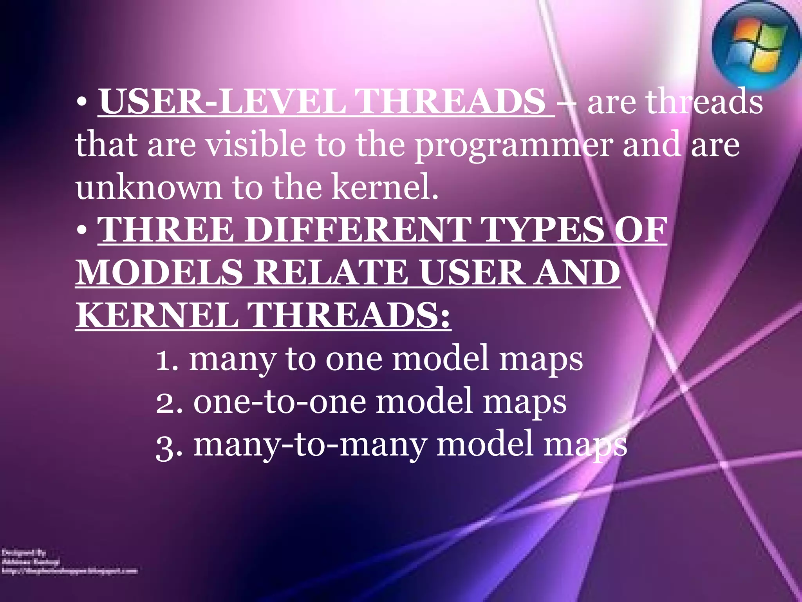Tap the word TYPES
pyautogui.click(x=542, y=230)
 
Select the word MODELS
pyautogui.click(x=159, y=273)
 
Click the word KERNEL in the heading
pyautogui.click(x=157, y=316)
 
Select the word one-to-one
pyautogui.click(x=280, y=403)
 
